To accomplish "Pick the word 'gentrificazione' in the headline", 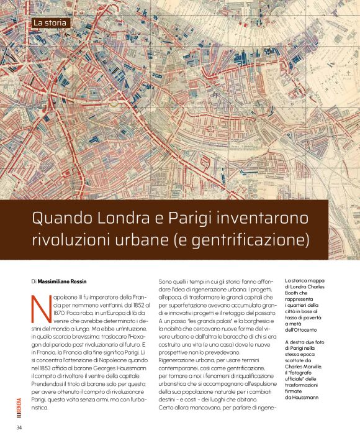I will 251,239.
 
